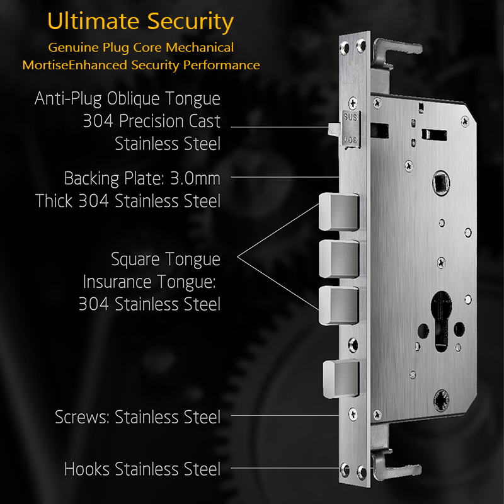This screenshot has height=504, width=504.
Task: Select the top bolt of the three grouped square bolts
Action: pyautogui.click(x=339, y=212)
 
